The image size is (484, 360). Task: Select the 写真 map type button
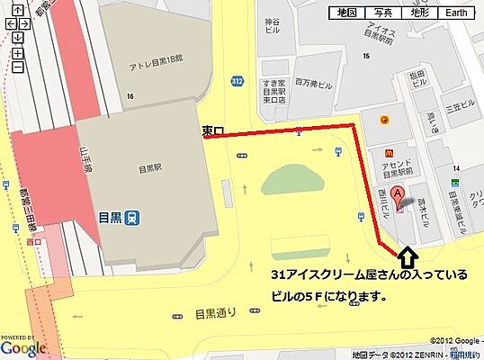(383, 13)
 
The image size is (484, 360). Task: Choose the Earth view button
(456, 13)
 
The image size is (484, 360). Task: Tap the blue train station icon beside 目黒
(133, 216)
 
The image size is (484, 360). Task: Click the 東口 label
(212, 130)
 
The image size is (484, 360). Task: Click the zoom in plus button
(17, 53)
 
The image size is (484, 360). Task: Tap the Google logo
(22, 347)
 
